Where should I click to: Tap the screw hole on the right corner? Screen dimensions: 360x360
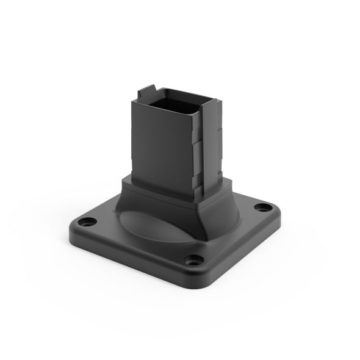(267, 206)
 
